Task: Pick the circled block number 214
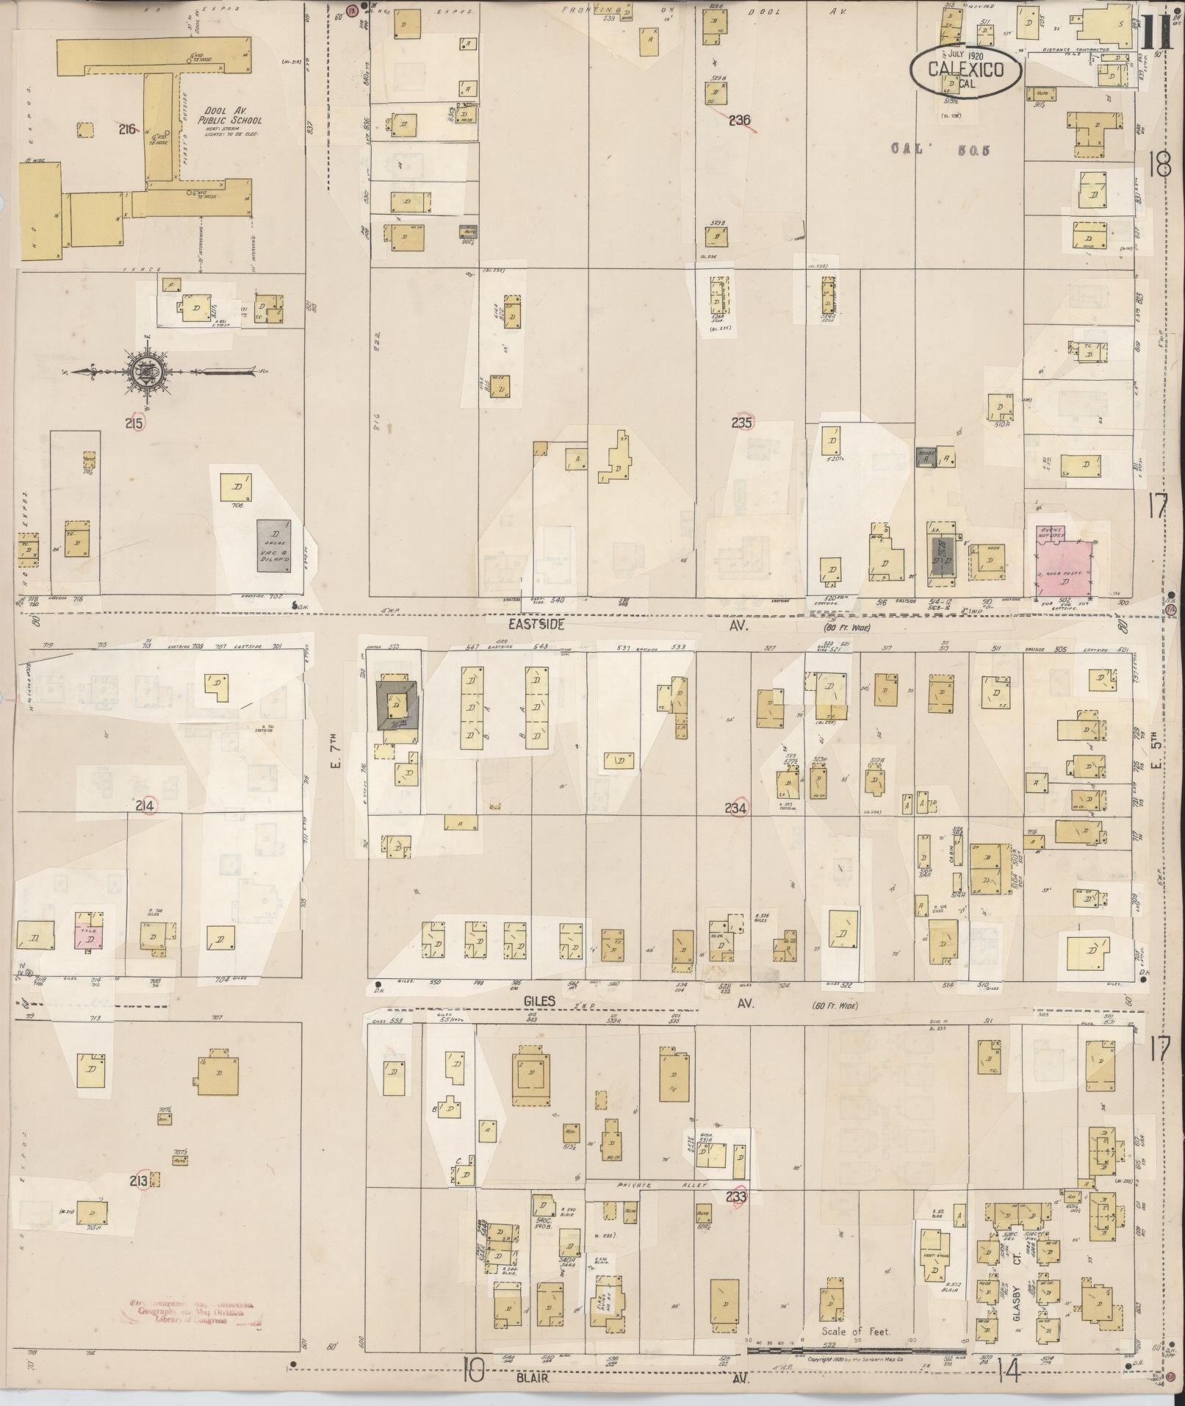pyautogui.click(x=145, y=806)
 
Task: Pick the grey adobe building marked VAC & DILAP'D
pyautogui.click(x=273, y=545)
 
